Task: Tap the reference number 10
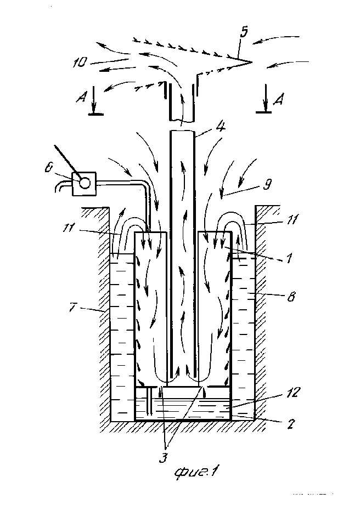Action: (x=80, y=63)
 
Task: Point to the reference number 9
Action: (x=267, y=184)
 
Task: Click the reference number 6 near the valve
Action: (x=48, y=168)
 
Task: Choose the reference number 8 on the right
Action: (x=291, y=296)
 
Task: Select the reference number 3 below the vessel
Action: (x=163, y=458)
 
